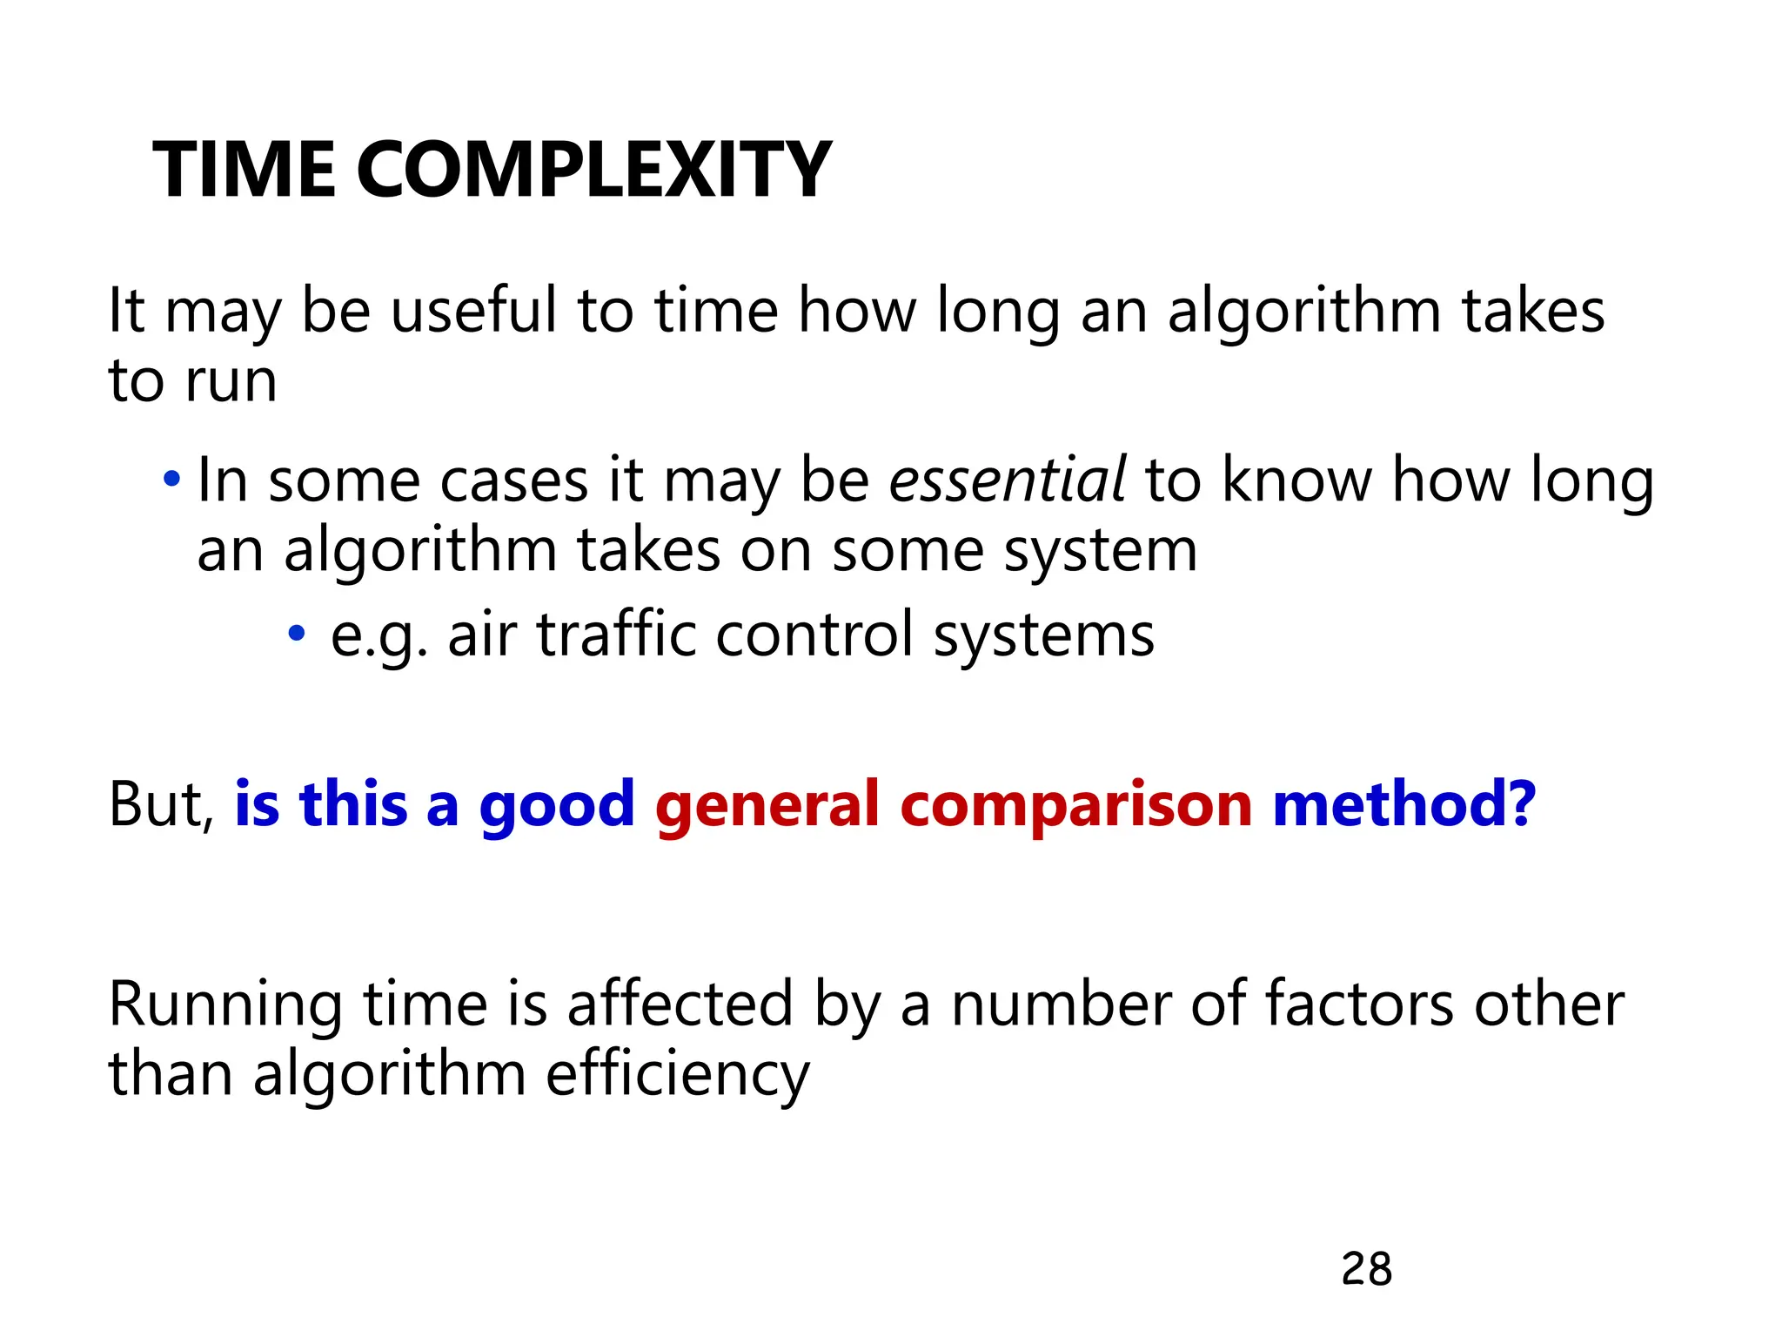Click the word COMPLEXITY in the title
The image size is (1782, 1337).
tap(593, 171)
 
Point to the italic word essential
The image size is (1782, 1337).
tap(1007, 480)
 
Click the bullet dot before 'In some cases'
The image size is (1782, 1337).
tap(172, 479)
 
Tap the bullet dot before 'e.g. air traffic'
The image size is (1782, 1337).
tap(297, 633)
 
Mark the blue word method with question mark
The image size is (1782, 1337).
tap(1403, 804)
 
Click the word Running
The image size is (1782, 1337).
tap(225, 1006)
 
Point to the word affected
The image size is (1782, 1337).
tap(680, 1004)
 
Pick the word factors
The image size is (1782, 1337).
tap(1358, 1004)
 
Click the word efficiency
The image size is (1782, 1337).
tap(678, 1076)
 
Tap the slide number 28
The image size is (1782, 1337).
tap(1366, 1269)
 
